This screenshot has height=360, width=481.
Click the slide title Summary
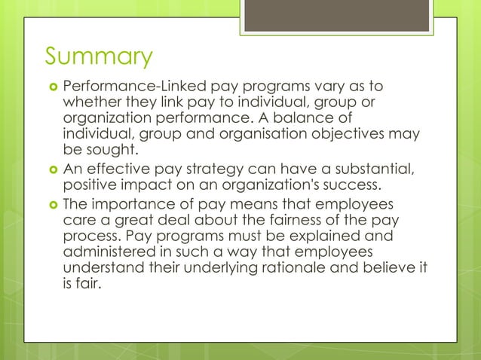[x=98, y=57]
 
